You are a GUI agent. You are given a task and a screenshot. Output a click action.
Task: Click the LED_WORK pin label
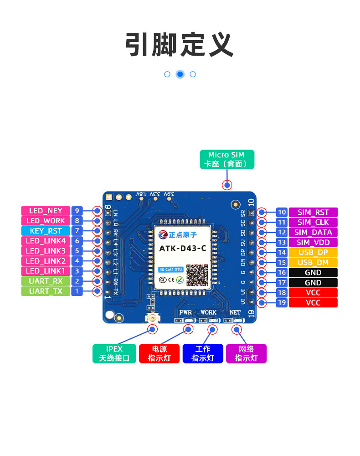(46, 221)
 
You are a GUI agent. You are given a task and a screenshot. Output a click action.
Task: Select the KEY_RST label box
(46, 231)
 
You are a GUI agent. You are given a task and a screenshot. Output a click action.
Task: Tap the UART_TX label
(46, 291)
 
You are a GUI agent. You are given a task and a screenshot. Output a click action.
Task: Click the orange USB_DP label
(313, 252)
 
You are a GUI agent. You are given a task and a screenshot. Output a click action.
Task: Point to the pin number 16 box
(282, 272)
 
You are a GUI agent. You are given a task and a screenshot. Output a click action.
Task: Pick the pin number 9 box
(77, 211)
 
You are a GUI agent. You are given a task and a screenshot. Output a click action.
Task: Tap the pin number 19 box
(282, 302)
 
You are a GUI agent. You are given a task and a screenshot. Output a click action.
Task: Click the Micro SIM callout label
(226, 160)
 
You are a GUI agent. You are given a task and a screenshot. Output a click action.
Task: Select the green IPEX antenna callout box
(114, 353)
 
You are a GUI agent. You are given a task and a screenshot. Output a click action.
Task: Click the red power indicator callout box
(159, 353)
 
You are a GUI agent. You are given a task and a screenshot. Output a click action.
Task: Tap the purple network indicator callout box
(246, 353)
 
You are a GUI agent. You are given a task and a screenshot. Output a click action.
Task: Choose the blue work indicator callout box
(203, 353)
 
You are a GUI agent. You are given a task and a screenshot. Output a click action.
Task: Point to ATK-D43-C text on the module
(182, 248)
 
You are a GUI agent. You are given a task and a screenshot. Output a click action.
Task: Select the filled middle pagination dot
(180, 74)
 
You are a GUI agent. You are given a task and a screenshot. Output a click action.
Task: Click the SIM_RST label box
(313, 212)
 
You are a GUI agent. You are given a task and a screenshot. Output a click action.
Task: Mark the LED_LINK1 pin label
(46, 271)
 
